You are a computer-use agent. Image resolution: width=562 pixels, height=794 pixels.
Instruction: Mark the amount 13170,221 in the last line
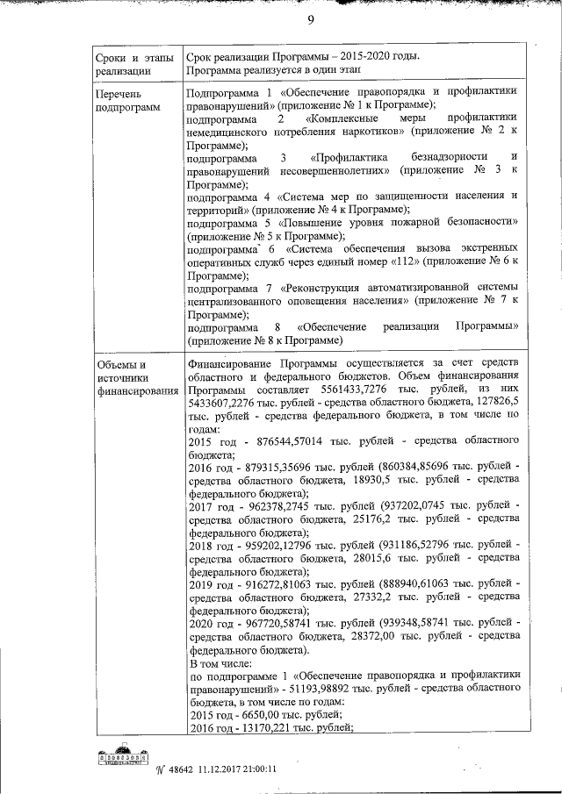270,729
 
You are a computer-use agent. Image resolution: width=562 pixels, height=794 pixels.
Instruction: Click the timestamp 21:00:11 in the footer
253,768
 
